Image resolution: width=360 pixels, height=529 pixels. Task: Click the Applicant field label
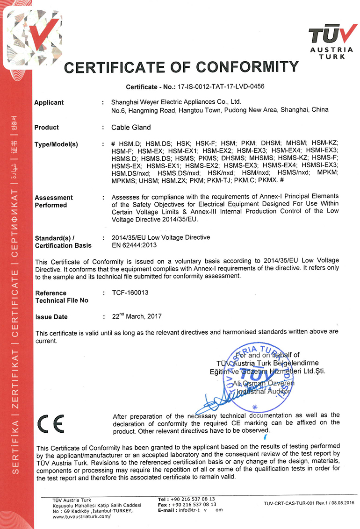click(49, 103)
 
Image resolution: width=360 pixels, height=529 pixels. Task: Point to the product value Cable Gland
click(131, 127)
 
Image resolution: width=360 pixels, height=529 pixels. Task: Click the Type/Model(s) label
click(56, 144)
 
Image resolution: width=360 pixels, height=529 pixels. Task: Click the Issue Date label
click(51, 317)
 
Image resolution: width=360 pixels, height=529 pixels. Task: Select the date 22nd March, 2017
click(137, 316)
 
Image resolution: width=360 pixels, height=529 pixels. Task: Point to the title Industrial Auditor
click(264, 392)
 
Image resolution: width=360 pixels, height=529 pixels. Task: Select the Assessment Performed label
click(53, 201)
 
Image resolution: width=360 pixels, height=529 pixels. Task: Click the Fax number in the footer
click(194, 505)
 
